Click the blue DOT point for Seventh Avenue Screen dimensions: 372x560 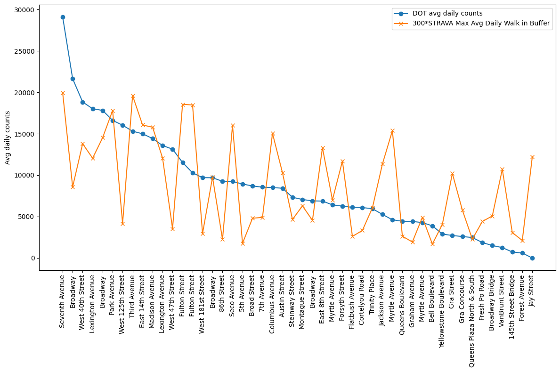63,17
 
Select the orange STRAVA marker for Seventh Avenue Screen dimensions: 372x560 63,93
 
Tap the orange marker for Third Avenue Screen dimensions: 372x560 133,96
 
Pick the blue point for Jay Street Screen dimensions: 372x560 532,258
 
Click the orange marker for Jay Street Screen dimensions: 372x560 532,157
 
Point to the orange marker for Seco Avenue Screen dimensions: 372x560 233,126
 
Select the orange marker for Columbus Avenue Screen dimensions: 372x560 273,134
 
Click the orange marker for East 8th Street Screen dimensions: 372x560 323,148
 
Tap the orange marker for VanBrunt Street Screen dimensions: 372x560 502,170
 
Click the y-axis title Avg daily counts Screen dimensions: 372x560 8,137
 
